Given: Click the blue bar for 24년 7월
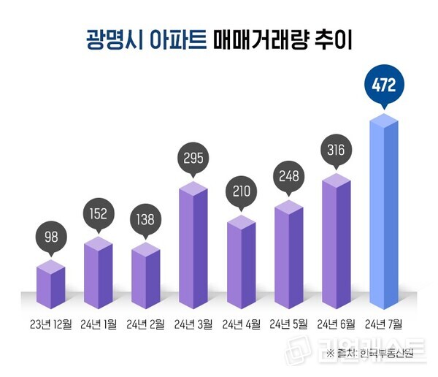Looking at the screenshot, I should pos(384,212).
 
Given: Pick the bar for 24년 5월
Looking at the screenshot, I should pos(289,252).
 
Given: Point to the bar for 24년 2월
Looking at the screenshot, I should pos(146,274).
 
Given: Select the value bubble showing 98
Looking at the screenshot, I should pos(50,237).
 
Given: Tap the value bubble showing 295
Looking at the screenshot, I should pos(193,157).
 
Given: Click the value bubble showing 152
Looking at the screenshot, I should pos(98,215).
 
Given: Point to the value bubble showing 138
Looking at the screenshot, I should pos(146,219).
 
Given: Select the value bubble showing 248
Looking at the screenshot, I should pos(289,176).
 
